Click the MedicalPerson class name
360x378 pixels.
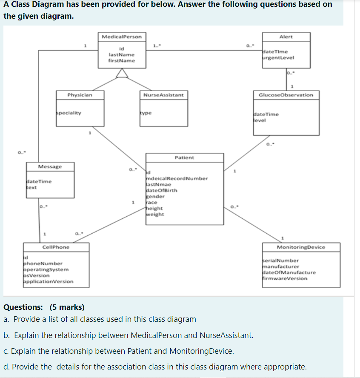pyautogui.click(x=122, y=37)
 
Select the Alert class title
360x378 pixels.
pyautogui.click(x=286, y=37)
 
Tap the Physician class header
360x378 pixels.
pyautogui.click(x=80, y=95)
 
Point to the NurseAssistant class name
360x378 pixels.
pyautogui.click(x=163, y=95)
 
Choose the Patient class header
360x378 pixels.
pyautogui.click(x=184, y=157)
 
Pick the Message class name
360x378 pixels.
pyautogui.click(x=50, y=166)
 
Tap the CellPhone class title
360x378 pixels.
pyautogui.click(x=56, y=247)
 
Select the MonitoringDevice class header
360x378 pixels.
pyautogui.click(x=301, y=247)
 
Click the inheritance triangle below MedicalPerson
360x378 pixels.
pyautogui.click(x=122, y=74)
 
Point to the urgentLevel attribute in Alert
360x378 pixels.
pyautogui.click(x=279, y=57)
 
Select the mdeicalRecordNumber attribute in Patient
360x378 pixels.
pyautogui.click(x=177, y=178)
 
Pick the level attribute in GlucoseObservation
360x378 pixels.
pyautogui.click(x=259, y=120)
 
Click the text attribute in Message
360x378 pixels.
pyautogui.click(x=31, y=187)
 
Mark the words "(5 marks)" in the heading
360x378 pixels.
pyautogui.click(x=67, y=307)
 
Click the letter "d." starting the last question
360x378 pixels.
pyautogui.click(x=7, y=367)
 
